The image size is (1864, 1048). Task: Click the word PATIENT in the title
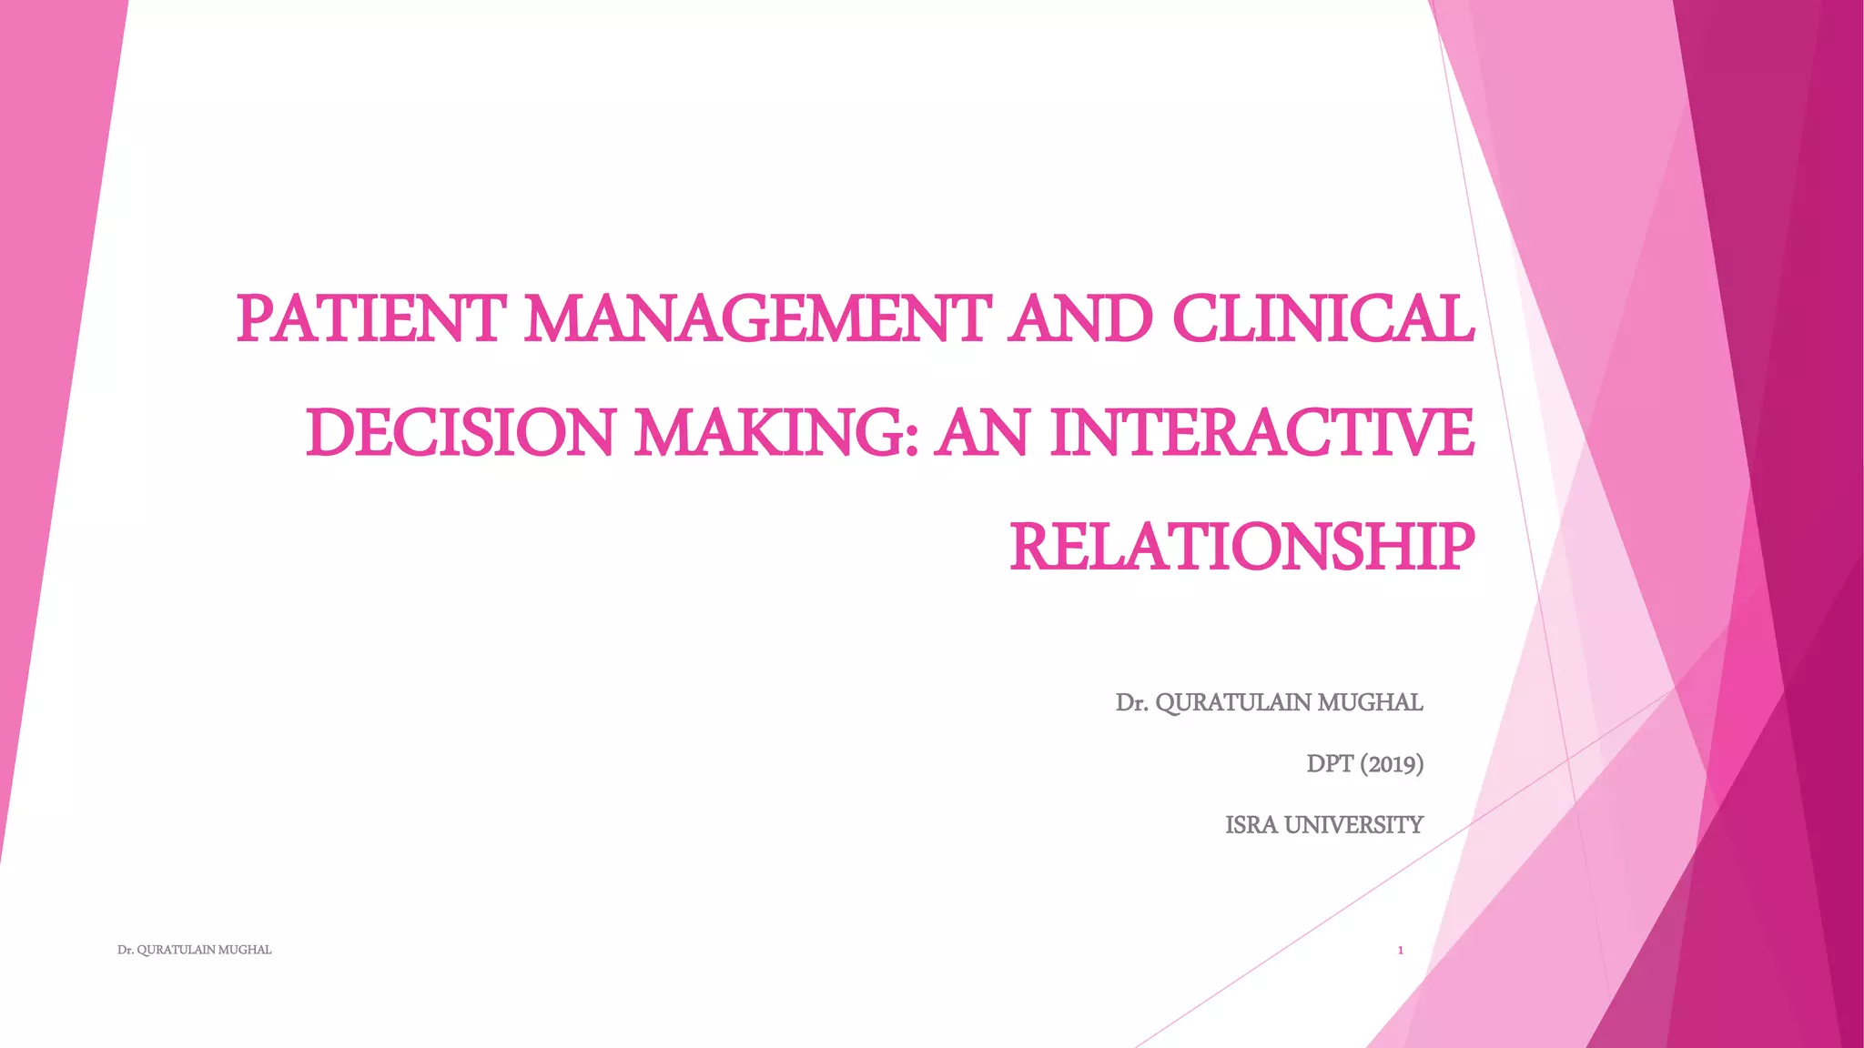tap(368, 319)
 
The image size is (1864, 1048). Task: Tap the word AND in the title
tap(1079, 319)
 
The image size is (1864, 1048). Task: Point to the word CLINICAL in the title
tap(1322, 319)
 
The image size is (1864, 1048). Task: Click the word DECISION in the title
tap(461, 433)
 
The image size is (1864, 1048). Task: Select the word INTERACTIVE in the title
tap(1261, 433)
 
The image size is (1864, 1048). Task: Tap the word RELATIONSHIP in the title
tap(1241, 547)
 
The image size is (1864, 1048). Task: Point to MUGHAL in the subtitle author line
tap(1370, 703)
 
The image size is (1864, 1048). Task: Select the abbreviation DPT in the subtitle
tap(1330, 763)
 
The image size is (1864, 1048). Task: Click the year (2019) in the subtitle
tap(1392, 763)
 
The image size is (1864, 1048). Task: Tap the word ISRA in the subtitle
tap(1251, 824)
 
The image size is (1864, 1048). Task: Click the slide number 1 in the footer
tap(1401, 951)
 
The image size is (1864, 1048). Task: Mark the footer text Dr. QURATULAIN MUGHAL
tap(195, 950)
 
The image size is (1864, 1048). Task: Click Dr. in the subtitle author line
tap(1131, 703)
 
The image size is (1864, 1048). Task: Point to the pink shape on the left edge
tap(46, 364)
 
